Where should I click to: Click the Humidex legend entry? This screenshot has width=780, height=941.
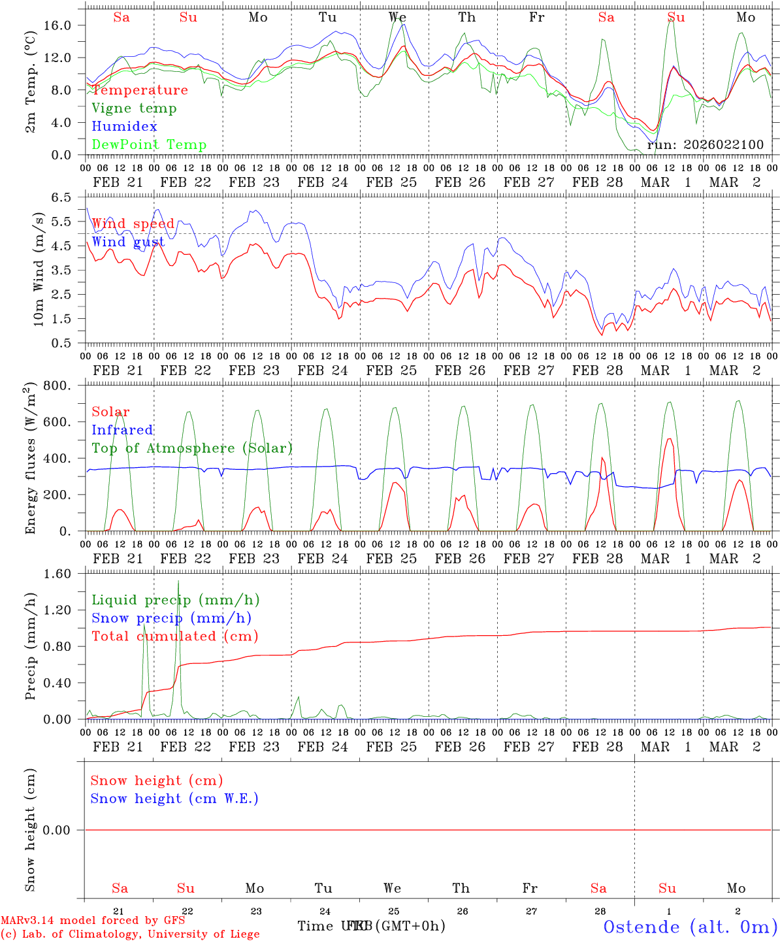pyautogui.click(x=124, y=127)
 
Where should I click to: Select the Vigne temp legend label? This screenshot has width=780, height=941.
pyautogui.click(x=134, y=108)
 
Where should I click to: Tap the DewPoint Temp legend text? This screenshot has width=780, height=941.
pyautogui.click(x=149, y=145)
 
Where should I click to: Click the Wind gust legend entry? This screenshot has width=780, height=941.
pyautogui.click(x=128, y=242)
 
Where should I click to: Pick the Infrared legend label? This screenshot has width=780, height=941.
pyautogui.click(x=122, y=430)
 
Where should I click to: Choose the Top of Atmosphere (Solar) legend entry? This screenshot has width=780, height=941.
pyautogui.click(x=192, y=448)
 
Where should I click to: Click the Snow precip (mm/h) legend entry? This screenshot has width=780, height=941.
pyautogui.click(x=171, y=618)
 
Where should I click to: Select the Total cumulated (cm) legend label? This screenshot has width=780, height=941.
pyautogui.click(x=174, y=636)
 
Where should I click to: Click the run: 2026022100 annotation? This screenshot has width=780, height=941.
pyautogui.click(x=705, y=145)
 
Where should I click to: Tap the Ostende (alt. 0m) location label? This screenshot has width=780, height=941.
pyautogui.click(x=691, y=927)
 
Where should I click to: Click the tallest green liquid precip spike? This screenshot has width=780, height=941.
pyautogui.click(x=178, y=582)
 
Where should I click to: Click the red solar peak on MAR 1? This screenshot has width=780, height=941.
pyautogui.click(x=668, y=439)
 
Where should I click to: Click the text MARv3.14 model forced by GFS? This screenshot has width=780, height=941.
pyautogui.click(x=93, y=920)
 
